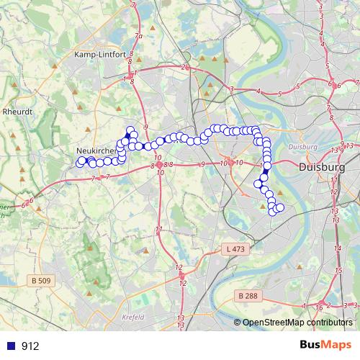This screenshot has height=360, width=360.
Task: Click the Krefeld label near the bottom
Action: pos(133,316)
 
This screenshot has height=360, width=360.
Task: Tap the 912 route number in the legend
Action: pos(31,346)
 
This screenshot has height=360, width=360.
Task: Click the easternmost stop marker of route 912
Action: pos(280,207)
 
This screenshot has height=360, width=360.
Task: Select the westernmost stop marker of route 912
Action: pos(80,163)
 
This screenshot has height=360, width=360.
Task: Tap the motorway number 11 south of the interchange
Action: pos(158,230)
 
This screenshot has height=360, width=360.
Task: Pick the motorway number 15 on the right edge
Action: pos(338,269)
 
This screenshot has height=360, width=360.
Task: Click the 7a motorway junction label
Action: pos(139,36)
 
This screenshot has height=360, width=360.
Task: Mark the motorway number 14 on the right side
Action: pos(337,248)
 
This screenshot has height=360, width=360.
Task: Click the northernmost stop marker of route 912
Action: pos(130,130)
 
